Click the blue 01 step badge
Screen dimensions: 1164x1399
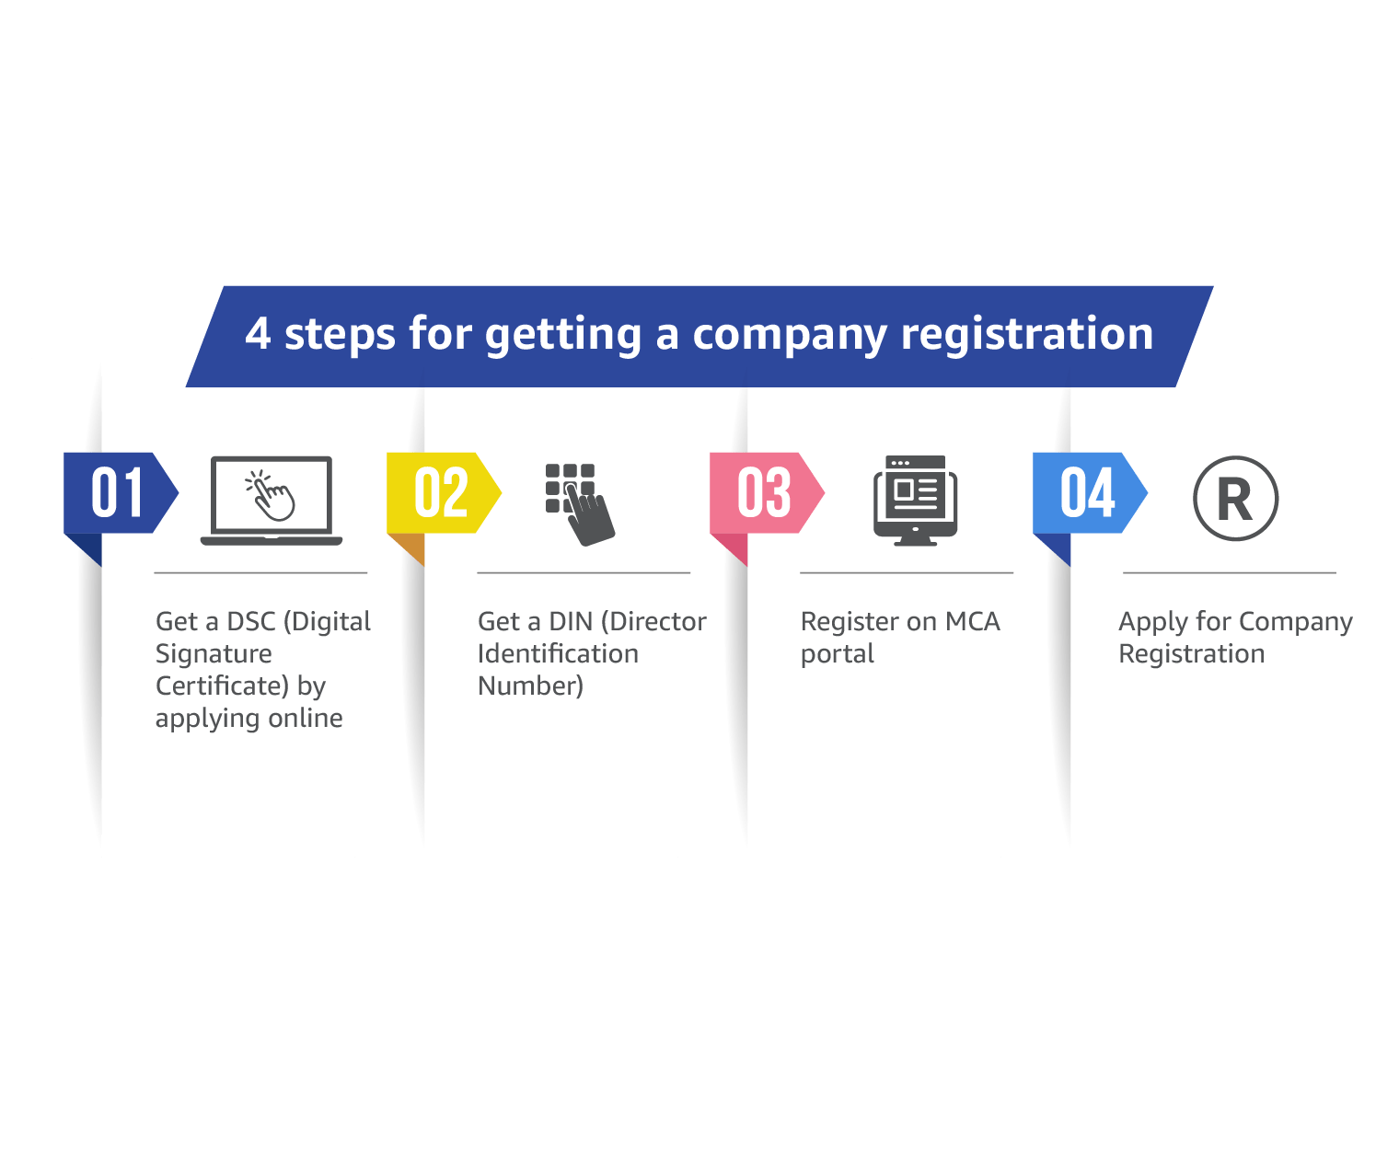pyautogui.click(x=118, y=493)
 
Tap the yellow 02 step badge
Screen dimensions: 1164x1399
pyautogui.click(x=441, y=493)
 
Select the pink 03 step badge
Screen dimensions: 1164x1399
pyautogui.click(x=764, y=493)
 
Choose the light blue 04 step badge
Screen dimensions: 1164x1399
pyautogui.click(x=1087, y=493)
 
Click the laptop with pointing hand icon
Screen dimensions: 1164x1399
pyautogui.click(x=271, y=500)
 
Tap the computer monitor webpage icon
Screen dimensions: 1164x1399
pyautogui.click(x=915, y=500)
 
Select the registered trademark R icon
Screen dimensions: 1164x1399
pyautogui.click(x=1235, y=499)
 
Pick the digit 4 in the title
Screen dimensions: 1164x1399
pyautogui.click(x=258, y=334)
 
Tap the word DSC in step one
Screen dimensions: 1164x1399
pyautogui.click(x=250, y=622)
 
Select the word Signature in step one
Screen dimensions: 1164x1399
pyautogui.click(x=214, y=654)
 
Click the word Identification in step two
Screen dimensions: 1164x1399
pyautogui.click(x=558, y=654)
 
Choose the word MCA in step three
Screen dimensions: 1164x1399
pyautogui.click(x=971, y=622)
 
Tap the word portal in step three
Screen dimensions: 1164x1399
pyautogui.click(x=837, y=655)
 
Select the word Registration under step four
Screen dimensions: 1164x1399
pyautogui.click(x=1191, y=654)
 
